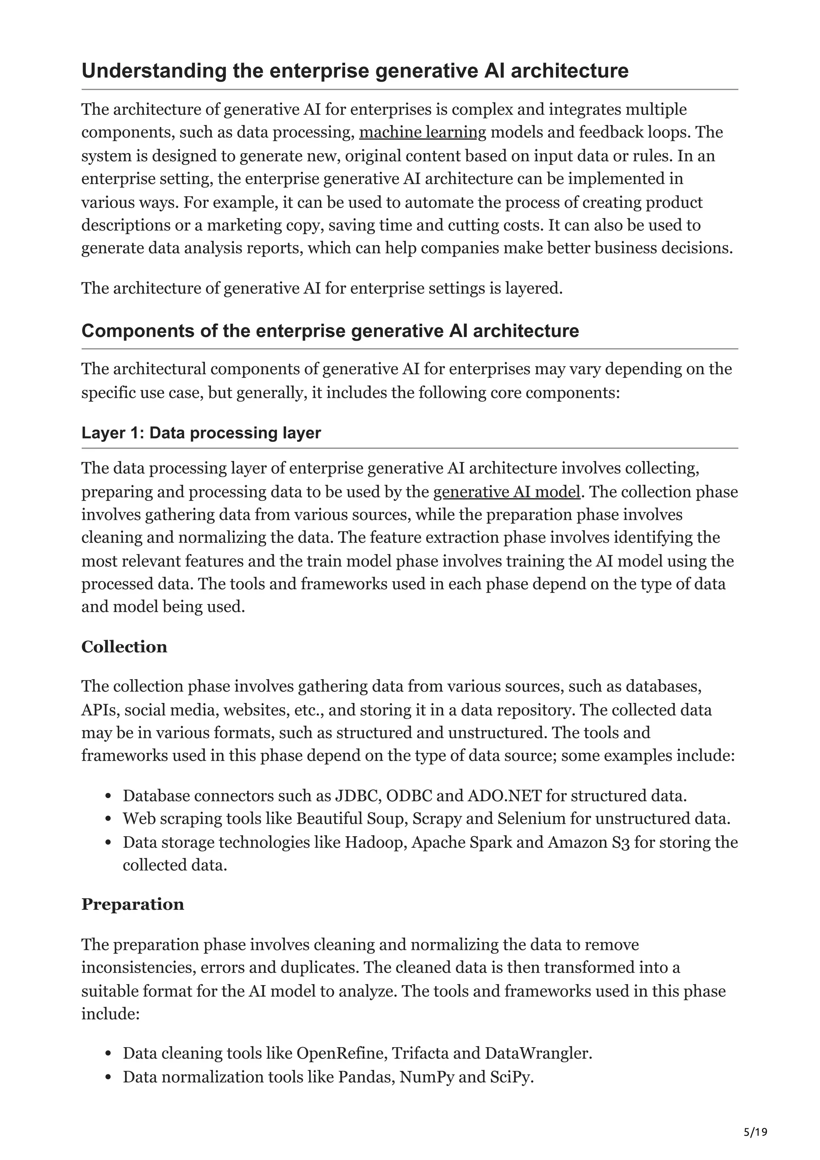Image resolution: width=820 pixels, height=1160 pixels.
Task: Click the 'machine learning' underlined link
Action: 422,132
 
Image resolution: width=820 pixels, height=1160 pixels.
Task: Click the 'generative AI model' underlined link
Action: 507,492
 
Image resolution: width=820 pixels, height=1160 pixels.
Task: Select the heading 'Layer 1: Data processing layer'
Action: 201,433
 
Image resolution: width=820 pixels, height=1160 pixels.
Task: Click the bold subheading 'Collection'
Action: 124,647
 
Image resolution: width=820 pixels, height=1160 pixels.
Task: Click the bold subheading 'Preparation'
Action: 133,904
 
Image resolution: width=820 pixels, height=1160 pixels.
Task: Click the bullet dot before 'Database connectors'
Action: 108,797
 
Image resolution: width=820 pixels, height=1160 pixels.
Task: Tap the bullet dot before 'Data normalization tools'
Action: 108,1078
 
